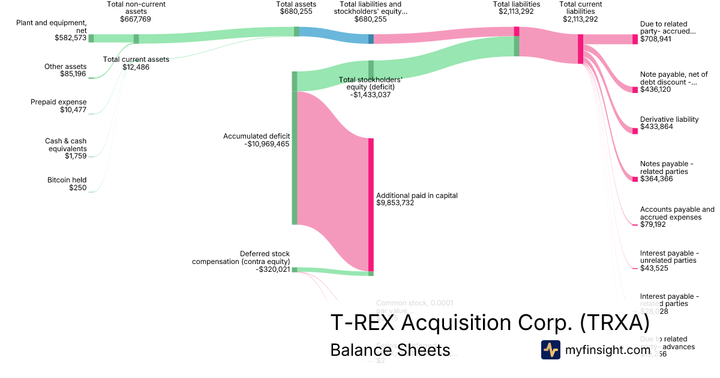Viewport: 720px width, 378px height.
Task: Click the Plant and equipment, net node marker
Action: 91,38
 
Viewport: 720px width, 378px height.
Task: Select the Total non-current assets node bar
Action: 136,39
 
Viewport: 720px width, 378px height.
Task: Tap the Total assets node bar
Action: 296,31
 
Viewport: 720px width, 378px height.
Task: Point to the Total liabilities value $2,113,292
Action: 516,19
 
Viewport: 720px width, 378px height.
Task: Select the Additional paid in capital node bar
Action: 371,204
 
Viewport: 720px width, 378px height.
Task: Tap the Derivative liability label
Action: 669,119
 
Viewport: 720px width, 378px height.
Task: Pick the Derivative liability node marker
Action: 635,131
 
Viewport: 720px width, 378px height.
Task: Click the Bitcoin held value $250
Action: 77,188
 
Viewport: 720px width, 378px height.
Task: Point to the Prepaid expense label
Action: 59,102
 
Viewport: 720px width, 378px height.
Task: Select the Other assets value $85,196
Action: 73,74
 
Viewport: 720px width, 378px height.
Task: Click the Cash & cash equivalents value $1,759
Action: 76,156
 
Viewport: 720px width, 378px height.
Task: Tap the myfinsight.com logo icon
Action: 550,350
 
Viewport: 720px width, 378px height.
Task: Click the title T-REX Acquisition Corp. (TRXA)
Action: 490,323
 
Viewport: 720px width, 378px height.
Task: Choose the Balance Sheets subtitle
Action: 390,350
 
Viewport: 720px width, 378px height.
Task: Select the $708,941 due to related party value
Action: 656,39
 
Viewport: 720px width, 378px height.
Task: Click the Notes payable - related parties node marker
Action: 635,179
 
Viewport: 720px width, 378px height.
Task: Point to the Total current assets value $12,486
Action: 136,67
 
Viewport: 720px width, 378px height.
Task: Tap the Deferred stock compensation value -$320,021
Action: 272,269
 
